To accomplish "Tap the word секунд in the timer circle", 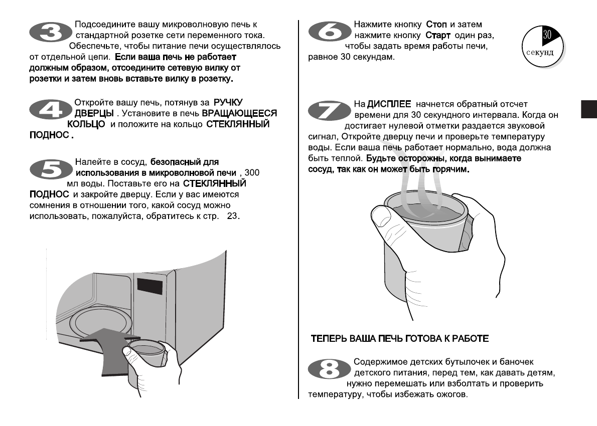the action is coord(540,53).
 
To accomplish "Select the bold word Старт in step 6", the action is coord(438,36).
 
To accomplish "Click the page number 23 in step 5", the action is coord(234,217).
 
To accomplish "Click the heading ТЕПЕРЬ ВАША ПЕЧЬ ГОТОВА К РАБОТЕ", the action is coord(400,339).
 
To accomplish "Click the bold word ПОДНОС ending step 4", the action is coord(49,135).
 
